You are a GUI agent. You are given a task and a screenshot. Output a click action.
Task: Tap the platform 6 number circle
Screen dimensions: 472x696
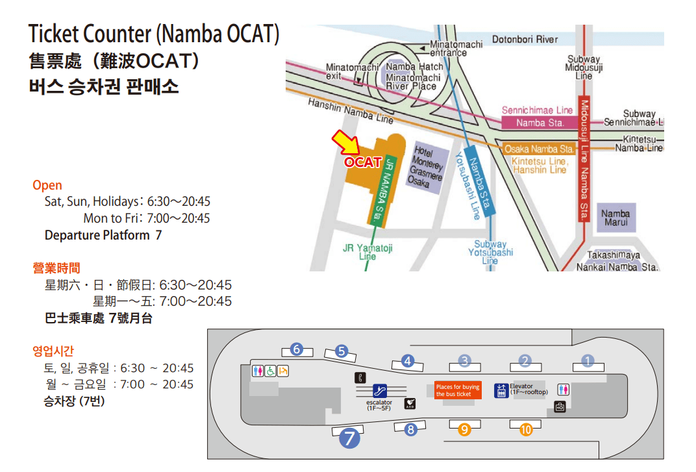pyautogui.click(x=297, y=349)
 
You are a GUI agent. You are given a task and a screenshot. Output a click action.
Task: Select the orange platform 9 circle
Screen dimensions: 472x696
pyautogui.click(x=464, y=429)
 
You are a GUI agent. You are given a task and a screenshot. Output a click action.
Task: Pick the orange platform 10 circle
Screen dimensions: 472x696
pyautogui.click(x=526, y=429)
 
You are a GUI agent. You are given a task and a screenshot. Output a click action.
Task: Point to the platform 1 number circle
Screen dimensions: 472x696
pyautogui.click(x=588, y=360)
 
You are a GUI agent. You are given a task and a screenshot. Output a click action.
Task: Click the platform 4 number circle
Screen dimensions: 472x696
pyautogui.click(x=408, y=361)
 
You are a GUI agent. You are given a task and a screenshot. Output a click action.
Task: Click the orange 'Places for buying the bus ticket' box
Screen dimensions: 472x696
pyautogui.click(x=458, y=390)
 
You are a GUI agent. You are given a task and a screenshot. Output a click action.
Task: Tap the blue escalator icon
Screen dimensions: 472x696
pyautogui.click(x=380, y=391)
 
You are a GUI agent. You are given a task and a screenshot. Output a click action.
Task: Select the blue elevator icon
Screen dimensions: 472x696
pyautogui.click(x=501, y=390)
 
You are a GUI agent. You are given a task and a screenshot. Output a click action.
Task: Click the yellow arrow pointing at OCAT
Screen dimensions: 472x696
pyautogui.click(x=343, y=143)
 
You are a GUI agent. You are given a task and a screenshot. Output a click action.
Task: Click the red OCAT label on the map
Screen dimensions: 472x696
pyautogui.click(x=362, y=162)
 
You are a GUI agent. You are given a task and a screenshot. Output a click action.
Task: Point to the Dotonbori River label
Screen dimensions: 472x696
pyautogui.click(x=525, y=40)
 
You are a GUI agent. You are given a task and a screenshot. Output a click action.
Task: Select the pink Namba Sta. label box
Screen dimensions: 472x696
pyautogui.click(x=540, y=123)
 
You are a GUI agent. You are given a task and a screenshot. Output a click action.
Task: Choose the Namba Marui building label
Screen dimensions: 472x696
pyautogui.click(x=615, y=218)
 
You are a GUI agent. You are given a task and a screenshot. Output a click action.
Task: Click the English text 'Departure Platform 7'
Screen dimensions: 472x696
pyautogui.click(x=103, y=235)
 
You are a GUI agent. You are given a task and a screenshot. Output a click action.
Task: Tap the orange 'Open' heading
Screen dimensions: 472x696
pyautogui.click(x=47, y=186)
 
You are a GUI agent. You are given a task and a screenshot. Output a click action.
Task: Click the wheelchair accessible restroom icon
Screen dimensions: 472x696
pyautogui.click(x=270, y=371)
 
